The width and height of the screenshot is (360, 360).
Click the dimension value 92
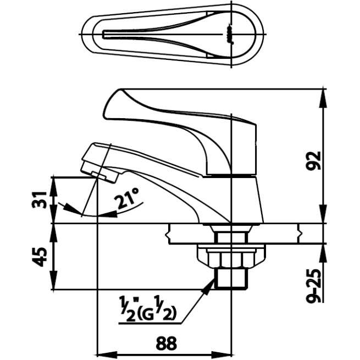click(314, 160)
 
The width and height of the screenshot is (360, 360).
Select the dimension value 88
click(167, 343)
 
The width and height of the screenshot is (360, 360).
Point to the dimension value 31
click(40, 200)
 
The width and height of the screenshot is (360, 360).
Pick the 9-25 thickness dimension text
click(314, 286)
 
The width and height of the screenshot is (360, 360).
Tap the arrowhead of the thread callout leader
click(209, 284)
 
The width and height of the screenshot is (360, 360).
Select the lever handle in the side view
click(181, 129)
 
